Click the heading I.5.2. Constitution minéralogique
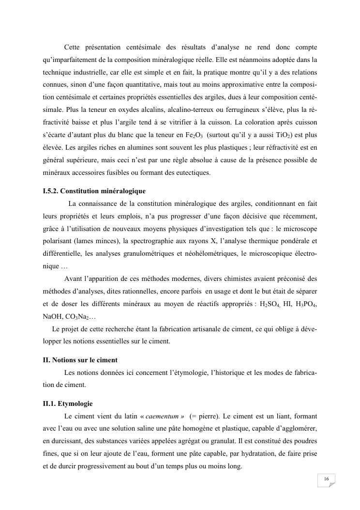94,191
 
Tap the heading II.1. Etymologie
68,403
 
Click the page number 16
327,479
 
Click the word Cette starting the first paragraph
73,47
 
